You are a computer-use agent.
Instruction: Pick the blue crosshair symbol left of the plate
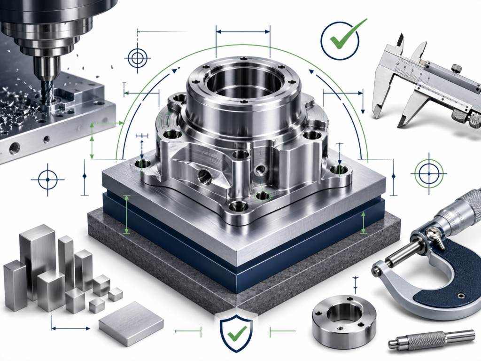click(47, 180)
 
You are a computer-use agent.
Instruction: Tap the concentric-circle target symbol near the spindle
click(138, 58)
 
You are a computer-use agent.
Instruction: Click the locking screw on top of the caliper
click(455, 69)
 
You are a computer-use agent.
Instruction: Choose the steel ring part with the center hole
click(344, 320)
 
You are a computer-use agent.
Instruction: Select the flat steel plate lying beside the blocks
click(131, 323)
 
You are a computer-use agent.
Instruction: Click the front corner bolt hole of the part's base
click(238, 206)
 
